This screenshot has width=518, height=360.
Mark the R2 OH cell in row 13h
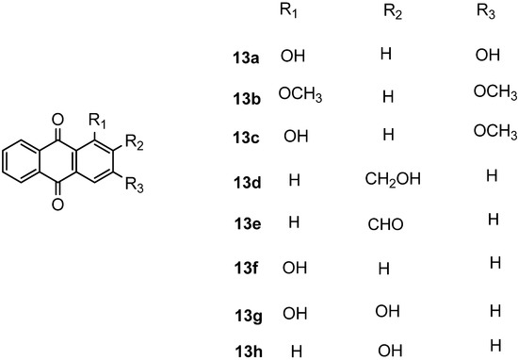tap(387, 351)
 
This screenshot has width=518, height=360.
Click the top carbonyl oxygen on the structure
tap(59, 120)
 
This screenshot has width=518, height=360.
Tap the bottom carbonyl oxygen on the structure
tap(59, 202)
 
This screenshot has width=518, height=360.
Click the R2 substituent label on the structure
tap(136, 144)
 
